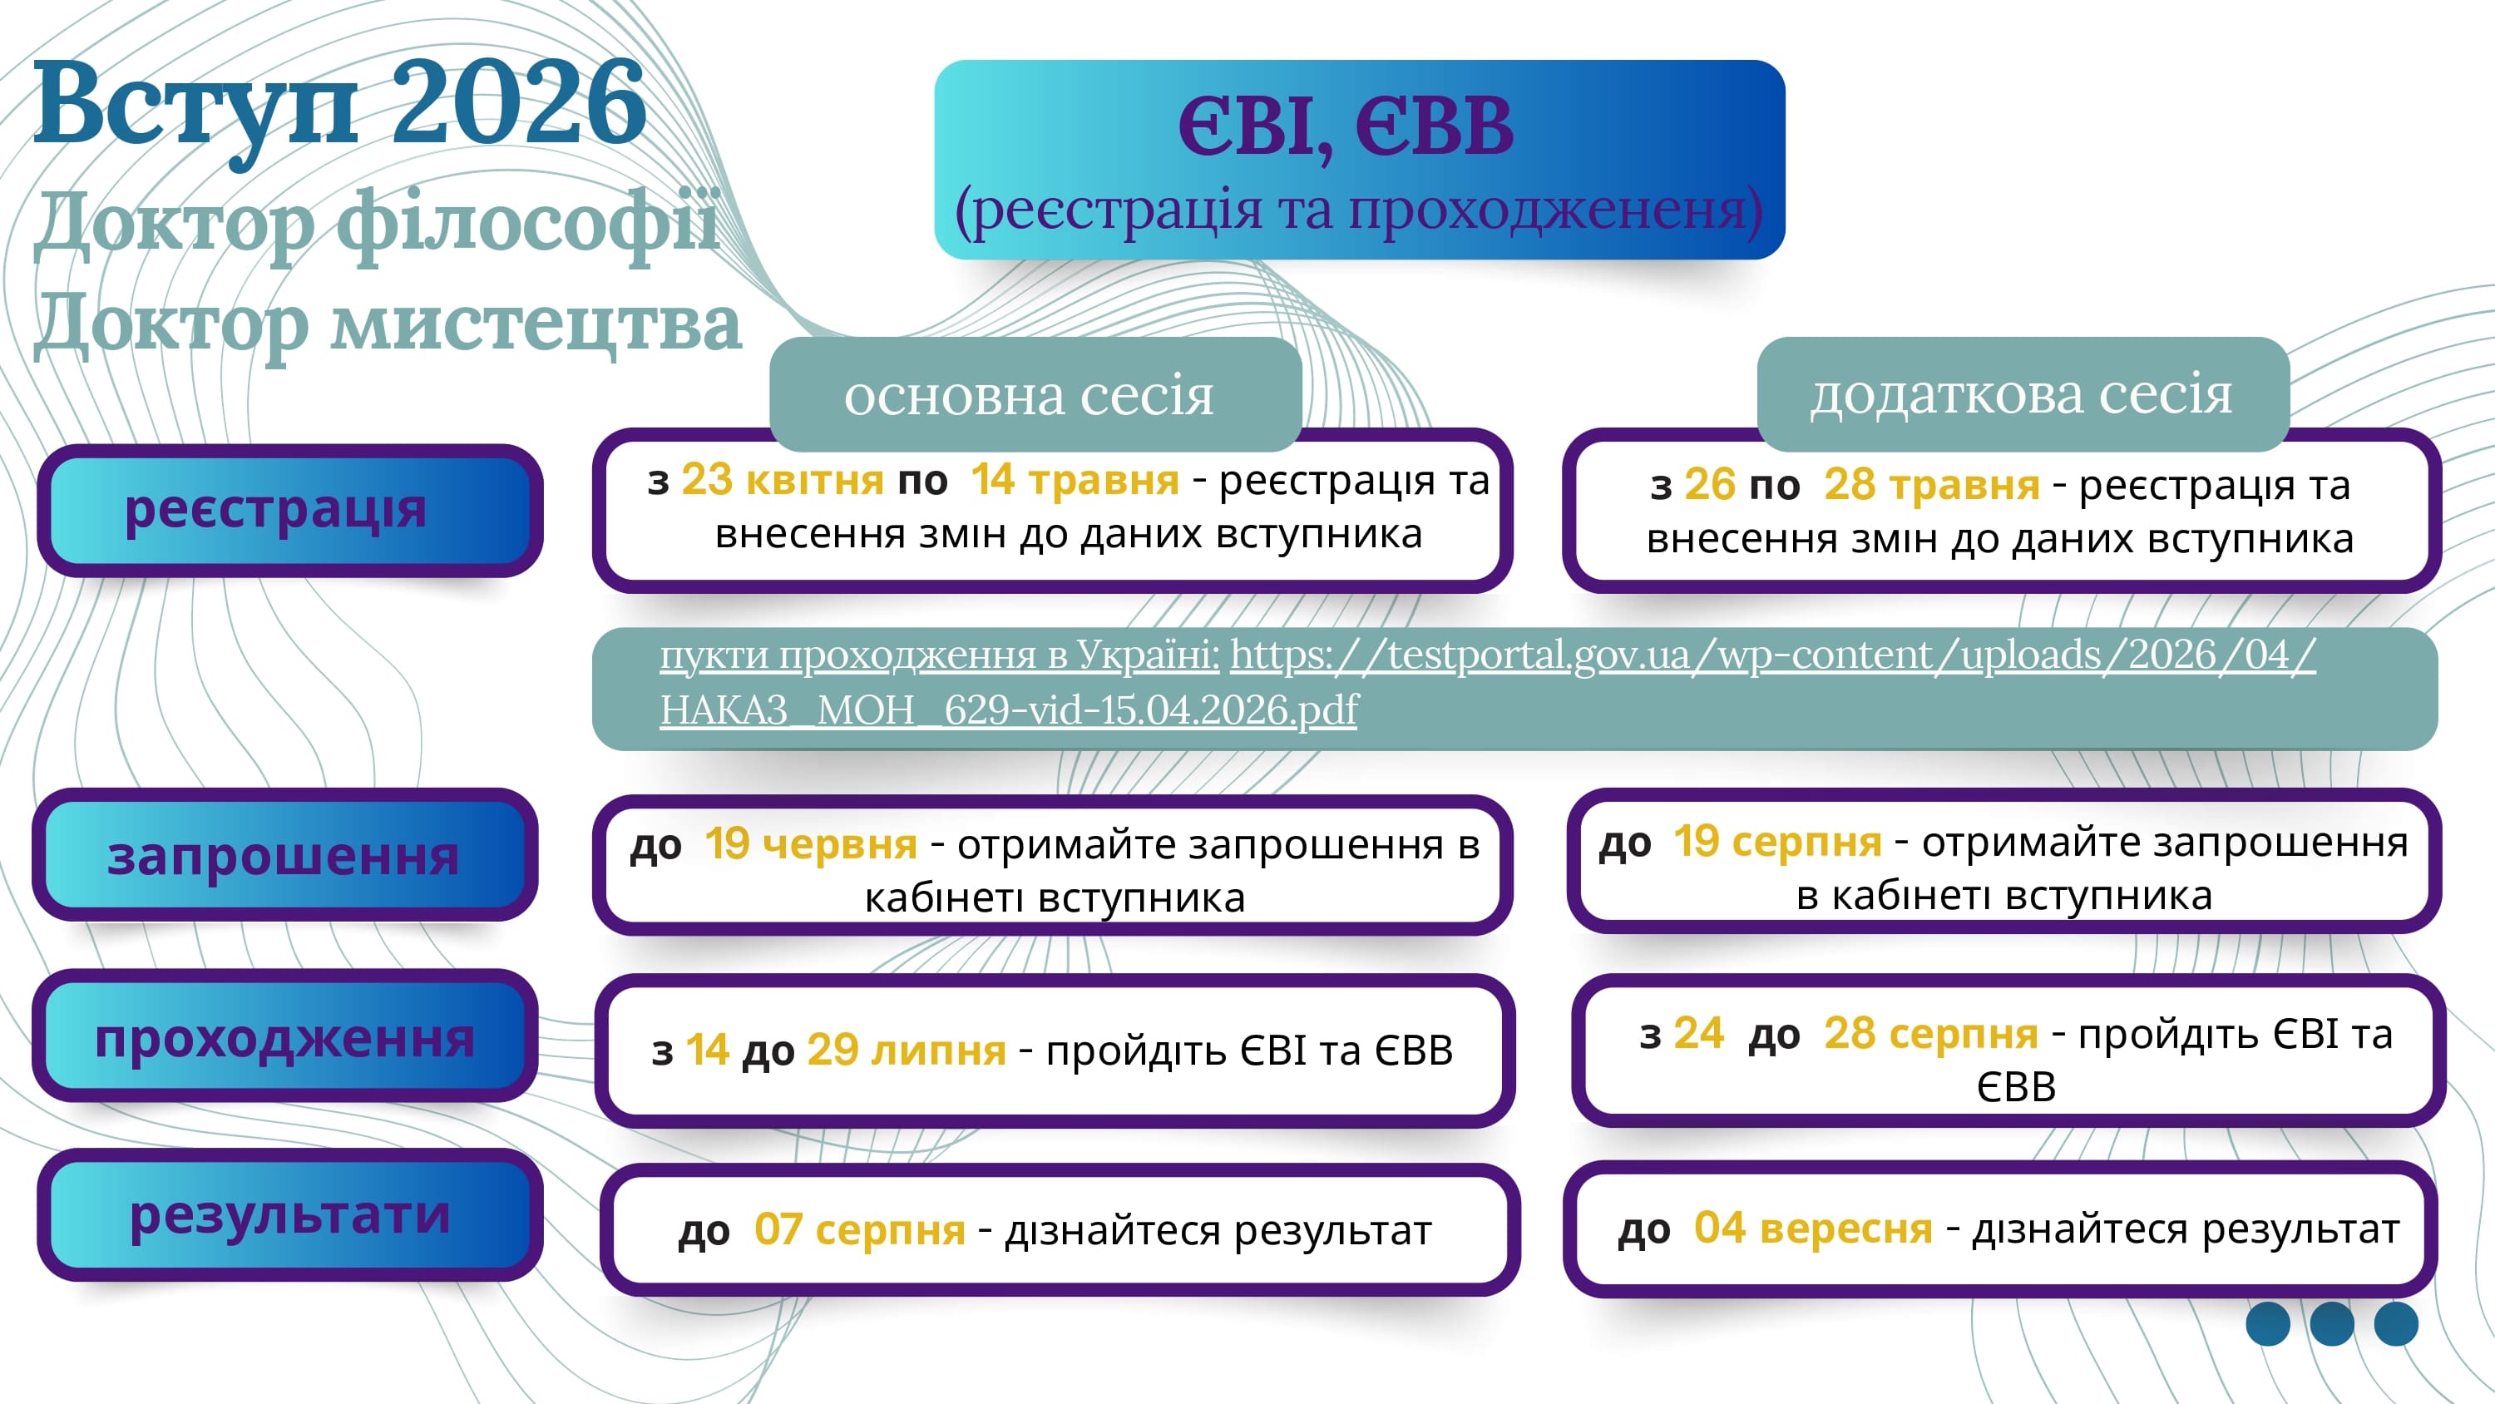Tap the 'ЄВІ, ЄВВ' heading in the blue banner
(x=1346, y=127)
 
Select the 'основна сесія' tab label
(x=1029, y=394)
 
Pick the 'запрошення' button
(x=284, y=856)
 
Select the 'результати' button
(x=289, y=1214)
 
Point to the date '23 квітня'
(x=782, y=480)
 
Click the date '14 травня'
(x=1075, y=480)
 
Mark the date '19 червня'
(x=811, y=844)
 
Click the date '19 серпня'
(x=1777, y=841)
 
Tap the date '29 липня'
(x=907, y=1051)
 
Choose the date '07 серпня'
(x=859, y=1229)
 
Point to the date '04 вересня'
(x=1813, y=1228)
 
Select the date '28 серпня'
(x=1930, y=1033)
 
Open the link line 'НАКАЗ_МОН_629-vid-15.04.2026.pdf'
(x=1008, y=710)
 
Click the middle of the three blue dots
(x=2331, y=1323)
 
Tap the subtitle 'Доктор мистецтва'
(x=388, y=323)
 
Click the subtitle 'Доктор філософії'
(x=378, y=223)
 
